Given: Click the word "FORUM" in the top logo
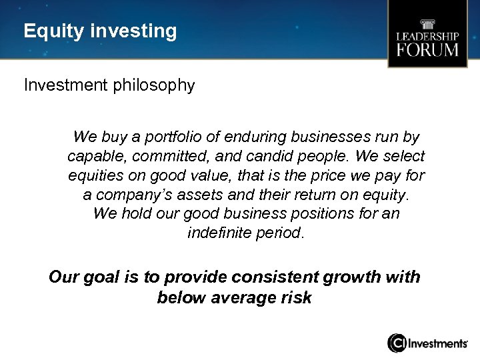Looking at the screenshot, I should (427, 50).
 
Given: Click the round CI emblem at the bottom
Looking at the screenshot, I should (397, 343).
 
